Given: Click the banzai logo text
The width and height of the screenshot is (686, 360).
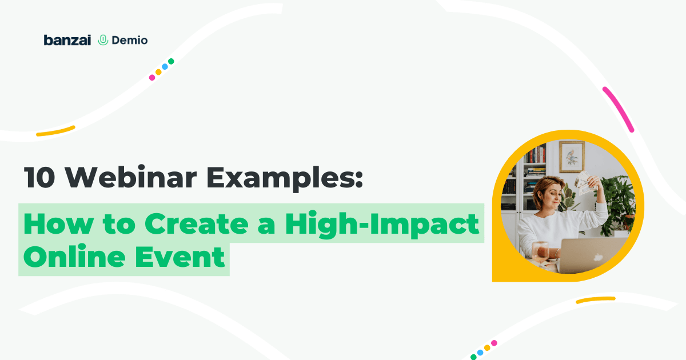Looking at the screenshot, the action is (x=67, y=40).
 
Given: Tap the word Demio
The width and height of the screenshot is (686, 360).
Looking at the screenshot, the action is (x=130, y=41).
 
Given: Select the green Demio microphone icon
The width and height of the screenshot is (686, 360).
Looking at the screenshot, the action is (x=103, y=40).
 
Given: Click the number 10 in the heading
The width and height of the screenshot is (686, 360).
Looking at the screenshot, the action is (x=39, y=177).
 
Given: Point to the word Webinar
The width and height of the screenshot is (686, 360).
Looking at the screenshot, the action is (x=131, y=177).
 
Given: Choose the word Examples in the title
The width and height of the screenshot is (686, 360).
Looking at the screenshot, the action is (x=285, y=178).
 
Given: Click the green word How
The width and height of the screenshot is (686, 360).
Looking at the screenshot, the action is (x=58, y=223).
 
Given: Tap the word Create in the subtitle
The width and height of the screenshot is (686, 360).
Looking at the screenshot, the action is (x=197, y=223).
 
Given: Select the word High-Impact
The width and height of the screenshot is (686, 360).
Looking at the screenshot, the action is (x=382, y=225).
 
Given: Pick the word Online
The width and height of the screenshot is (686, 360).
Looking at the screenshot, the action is (x=74, y=256).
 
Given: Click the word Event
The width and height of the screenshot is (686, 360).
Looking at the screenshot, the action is (x=180, y=257).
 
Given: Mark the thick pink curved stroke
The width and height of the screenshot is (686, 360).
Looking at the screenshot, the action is (x=619, y=109).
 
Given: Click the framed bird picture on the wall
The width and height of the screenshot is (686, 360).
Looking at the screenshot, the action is (x=572, y=157).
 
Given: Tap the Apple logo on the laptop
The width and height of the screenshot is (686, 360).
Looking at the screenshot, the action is (x=598, y=258).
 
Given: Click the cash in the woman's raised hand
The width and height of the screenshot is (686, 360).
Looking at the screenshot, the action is (x=585, y=183).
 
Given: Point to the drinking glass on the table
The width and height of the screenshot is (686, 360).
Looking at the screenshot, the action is (x=540, y=252).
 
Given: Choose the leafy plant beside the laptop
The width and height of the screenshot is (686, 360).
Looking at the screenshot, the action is (x=616, y=202).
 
